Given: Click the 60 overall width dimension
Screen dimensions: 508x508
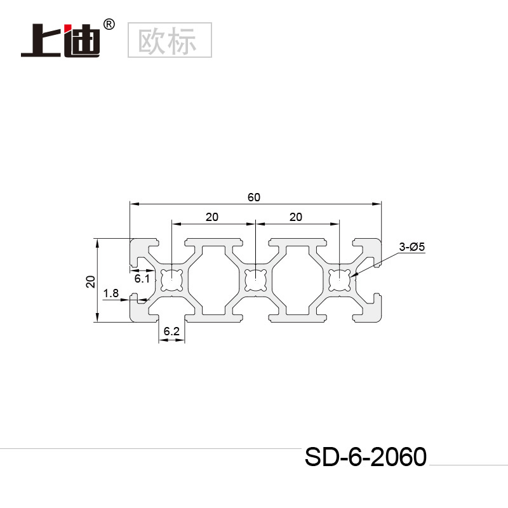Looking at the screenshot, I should pos(254,197).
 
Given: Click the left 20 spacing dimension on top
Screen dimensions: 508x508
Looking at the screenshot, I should pos(212,217).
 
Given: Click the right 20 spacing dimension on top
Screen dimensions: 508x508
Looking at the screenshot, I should pos(295,217).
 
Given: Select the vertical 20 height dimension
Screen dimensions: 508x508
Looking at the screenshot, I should pos(90,281).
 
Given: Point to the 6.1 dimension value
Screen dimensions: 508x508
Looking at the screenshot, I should pos(142,277).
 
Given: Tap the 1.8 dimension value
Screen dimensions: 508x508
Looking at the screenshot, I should pos(110,293).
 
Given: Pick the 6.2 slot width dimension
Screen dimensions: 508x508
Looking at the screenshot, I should pos(171,331).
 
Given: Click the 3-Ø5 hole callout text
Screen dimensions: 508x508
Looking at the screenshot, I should pos(411,247).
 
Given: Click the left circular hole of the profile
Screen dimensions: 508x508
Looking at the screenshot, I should pos(171,279).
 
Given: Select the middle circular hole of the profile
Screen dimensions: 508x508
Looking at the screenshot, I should pos(255,279).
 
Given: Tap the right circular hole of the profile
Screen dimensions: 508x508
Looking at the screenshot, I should pos(340,279).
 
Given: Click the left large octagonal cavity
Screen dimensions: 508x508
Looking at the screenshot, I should pos(213,279).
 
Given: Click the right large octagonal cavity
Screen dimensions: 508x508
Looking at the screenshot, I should pos(297,279).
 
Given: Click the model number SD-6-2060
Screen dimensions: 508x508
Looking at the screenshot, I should pos(364,457).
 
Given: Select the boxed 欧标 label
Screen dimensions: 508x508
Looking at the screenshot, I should pos(170,40).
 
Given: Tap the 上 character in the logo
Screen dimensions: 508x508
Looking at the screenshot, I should pos(41,41).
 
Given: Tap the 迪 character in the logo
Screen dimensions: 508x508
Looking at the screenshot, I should pos(81,41).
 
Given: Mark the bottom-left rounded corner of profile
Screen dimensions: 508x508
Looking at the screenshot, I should pos(133,319).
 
